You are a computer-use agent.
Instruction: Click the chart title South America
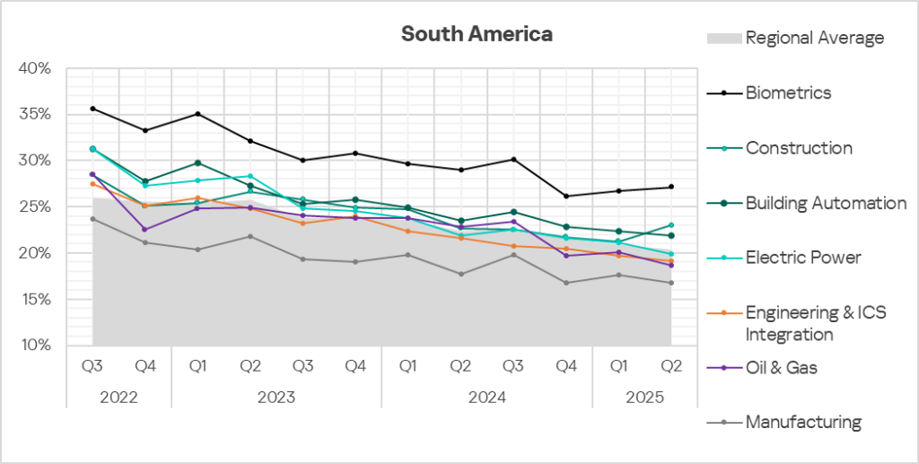tap(477, 34)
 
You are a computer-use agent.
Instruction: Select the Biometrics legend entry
tap(788, 92)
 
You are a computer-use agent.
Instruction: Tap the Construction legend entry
tap(799, 148)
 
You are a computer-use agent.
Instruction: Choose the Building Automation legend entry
tap(826, 203)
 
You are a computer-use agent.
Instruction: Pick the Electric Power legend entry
tap(803, 258)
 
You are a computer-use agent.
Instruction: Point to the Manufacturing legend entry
tap(803, 422)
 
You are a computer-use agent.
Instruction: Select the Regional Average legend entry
tap(814, 38)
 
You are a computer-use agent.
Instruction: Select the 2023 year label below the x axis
tap(276, 396)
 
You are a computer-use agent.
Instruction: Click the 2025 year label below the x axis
tap(644, 396)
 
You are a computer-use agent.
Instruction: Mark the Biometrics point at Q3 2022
tap(92, 109)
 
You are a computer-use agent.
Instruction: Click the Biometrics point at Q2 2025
tap(670, 187)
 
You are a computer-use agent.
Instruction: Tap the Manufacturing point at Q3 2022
tap(92, 219)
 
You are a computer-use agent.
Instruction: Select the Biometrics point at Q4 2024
tap(565, 196)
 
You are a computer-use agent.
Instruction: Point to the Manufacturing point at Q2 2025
tap(670, 283)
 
